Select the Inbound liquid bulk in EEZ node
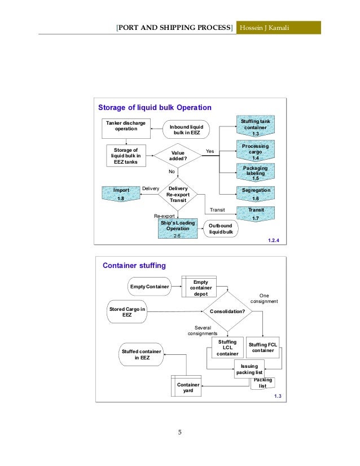point(186,129)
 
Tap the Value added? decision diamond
point(178,156)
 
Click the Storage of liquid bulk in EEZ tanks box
point(126,155)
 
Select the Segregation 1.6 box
point(255,194)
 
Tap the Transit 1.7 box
point(255,213)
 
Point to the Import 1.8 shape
point(120,194)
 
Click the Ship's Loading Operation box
point(178,229)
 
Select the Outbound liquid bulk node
point(221,229)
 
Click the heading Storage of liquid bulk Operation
point(155,107)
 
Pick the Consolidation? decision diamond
point(227,311)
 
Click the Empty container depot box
point(200,286)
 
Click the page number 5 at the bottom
point(179,433)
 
